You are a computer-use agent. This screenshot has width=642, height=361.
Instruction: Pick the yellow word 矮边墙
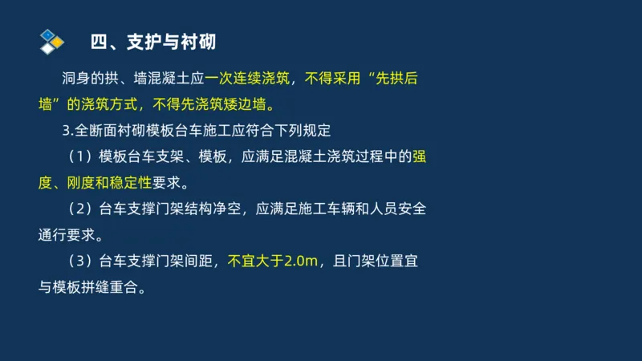(241, 104)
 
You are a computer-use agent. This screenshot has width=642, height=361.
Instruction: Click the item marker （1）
(80, 156)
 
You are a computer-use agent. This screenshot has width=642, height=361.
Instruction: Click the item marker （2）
(80, 209)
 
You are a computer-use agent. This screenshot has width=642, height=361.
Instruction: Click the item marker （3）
(80, 261)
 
